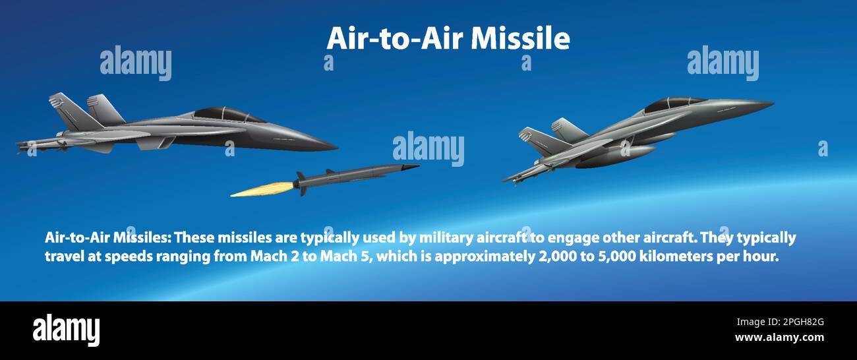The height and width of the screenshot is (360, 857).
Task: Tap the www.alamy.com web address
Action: tap(779, 338)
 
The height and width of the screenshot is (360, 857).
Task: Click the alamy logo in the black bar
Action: tap(66, 330)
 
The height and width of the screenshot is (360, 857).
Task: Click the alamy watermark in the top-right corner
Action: tap(723, 63)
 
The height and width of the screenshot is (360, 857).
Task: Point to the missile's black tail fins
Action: tap(301, 183)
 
